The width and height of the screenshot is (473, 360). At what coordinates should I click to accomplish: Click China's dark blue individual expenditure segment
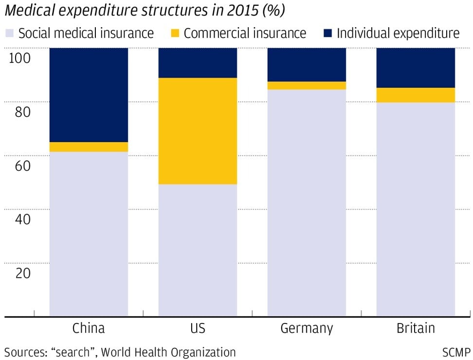(89, 95)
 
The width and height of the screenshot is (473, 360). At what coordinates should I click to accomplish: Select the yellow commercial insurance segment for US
(198, 131)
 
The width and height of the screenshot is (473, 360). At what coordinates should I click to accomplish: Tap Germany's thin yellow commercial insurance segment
(307, 86)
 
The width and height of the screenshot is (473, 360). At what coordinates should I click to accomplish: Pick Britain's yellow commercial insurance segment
(416, 95)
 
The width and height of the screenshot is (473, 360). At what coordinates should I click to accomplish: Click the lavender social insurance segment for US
(198, 250)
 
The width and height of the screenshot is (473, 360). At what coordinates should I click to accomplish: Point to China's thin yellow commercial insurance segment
(89, 147)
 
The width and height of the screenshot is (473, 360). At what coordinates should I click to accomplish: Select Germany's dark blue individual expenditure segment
(307, 65)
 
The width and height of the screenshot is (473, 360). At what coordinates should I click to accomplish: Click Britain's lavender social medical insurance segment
(416, 209)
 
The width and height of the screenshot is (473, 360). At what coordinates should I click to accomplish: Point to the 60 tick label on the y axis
(19, 165)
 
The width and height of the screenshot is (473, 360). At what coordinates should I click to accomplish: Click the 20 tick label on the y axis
(19, 273)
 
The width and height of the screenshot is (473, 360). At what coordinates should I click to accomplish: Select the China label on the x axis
(89, 328)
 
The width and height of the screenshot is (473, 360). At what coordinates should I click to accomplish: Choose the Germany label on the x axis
(307, 328)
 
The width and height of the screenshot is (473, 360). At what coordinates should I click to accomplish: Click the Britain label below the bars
(416, 328)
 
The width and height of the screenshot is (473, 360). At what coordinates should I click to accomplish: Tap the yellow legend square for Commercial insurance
(175, 34)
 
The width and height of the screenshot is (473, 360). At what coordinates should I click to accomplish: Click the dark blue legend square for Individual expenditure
(328, 34)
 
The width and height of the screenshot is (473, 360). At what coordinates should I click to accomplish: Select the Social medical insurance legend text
(86, 34)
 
